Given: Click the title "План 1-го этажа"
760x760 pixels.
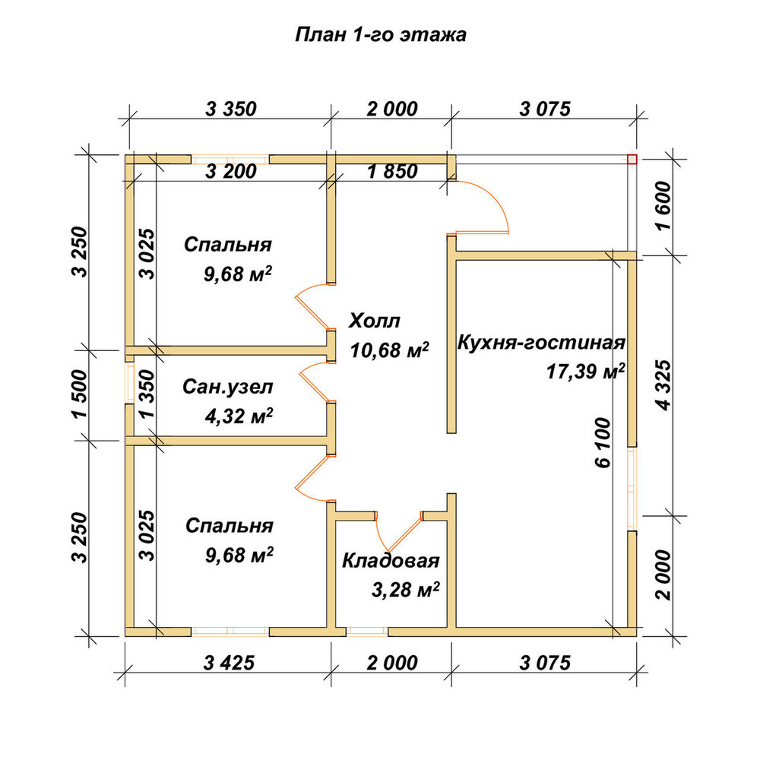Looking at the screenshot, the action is pos(381,35).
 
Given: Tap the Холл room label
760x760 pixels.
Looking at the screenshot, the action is pos(375,321).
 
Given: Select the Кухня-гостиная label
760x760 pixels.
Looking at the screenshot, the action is pos(541,343).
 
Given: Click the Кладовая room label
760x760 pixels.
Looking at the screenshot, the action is pos(391,561).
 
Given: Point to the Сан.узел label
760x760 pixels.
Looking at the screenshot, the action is pos(228,387).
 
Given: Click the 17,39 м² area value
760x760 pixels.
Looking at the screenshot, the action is pos(585,372).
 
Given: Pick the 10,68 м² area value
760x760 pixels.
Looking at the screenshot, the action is pos(389,350).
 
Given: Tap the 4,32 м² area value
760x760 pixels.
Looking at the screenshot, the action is pos(239,416).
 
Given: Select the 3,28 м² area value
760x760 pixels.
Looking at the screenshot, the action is pos(406,590).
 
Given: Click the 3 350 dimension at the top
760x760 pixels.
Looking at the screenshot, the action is pos(231,109).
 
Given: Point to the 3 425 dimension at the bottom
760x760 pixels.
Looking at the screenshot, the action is pos(230,663).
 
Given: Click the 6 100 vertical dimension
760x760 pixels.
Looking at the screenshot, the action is pos(603,442).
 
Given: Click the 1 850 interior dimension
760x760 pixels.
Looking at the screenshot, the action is pos(393,171).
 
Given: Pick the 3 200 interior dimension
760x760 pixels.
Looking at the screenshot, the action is pos(231,171).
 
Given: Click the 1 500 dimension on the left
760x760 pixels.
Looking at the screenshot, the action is pos(80,394).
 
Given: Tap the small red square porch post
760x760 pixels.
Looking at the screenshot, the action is pos(632,159).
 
